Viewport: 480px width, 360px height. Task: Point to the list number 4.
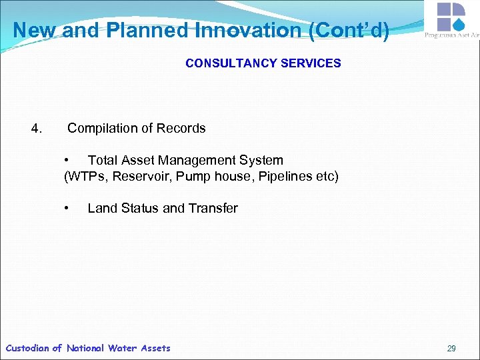37,128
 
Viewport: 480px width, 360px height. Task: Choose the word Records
181,128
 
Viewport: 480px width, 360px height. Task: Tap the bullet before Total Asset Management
67,161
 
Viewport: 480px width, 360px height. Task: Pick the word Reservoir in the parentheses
137,177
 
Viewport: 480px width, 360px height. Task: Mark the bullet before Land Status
67,209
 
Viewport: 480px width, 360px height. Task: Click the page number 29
451,348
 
